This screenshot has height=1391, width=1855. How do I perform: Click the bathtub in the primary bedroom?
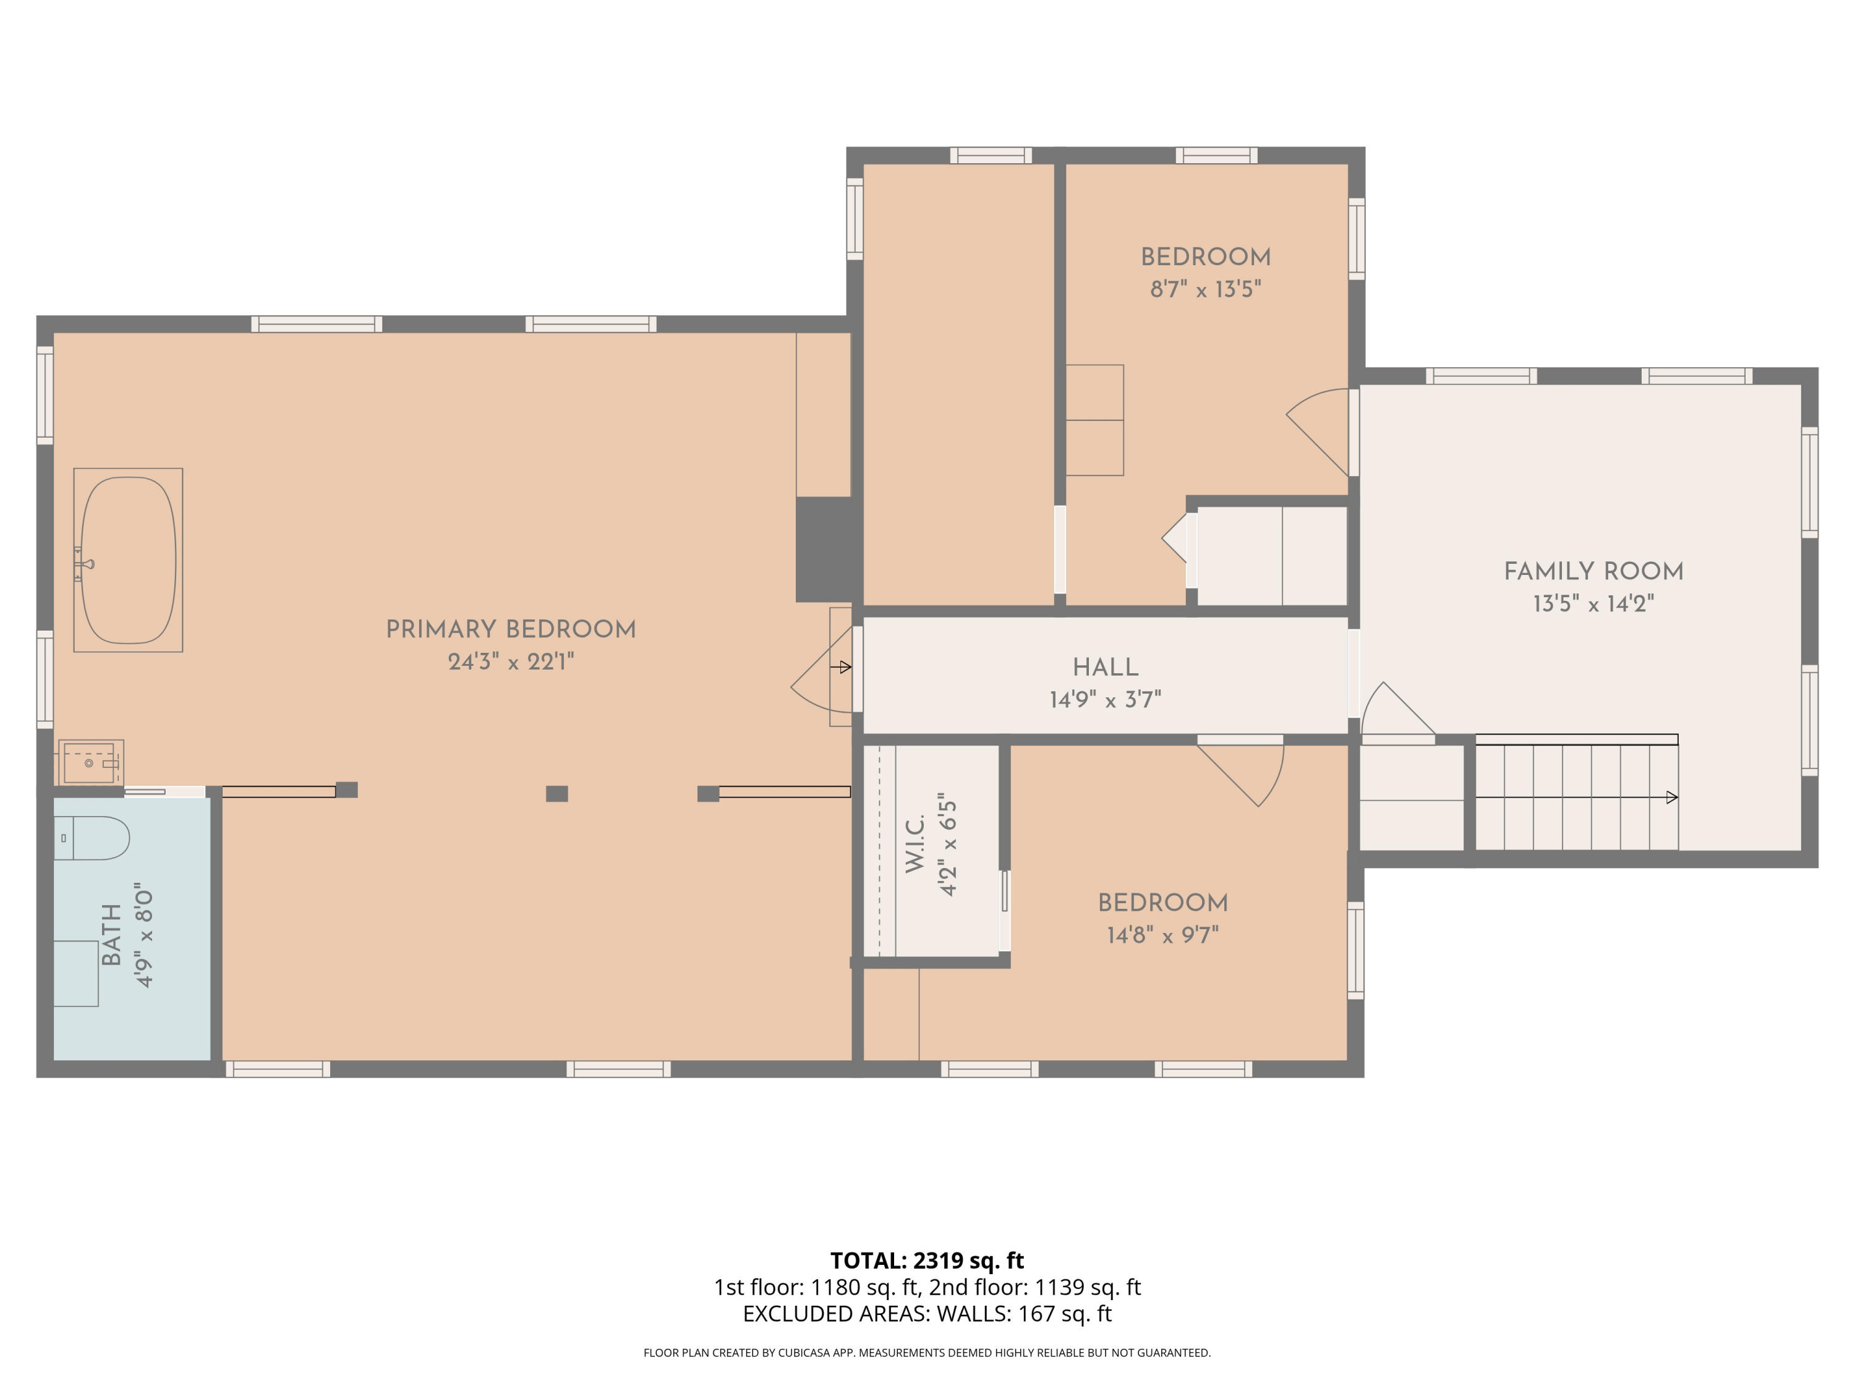[129, 560]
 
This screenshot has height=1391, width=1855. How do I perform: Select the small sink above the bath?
[90, 762]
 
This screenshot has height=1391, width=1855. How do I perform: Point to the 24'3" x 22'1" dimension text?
[511, 661]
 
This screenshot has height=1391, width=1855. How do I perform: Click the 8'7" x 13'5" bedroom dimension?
[1205, 289]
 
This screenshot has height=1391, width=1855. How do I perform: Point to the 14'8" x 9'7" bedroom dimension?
[1162, 935]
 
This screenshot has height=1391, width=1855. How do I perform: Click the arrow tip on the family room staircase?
[1672, 798]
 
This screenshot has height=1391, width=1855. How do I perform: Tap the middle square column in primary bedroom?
[557, 793]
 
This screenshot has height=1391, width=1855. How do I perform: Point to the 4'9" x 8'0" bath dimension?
[144, 935]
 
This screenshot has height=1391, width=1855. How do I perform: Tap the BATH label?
[111, 935]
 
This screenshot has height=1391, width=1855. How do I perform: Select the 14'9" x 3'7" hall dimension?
[1106, 699]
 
